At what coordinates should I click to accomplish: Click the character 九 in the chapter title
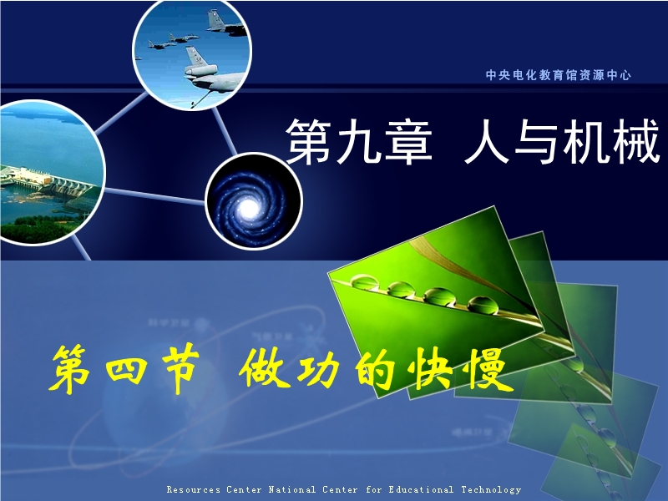point(359,141)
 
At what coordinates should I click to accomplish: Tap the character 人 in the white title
point(487,141)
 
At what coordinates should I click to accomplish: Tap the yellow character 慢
point(490,369)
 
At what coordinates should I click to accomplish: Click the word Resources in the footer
point(194,489)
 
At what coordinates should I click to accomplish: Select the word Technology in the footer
point(491,489)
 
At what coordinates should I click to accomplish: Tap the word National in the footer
point(291,489)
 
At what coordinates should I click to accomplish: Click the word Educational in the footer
point(421,489)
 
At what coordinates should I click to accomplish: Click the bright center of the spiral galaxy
point(248,207)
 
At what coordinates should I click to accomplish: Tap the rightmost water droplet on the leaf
point(483,305)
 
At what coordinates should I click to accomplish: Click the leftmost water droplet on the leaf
point(363,281)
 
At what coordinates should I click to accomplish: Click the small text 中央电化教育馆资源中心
point(558,75)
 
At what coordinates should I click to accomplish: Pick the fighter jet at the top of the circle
point(225,23)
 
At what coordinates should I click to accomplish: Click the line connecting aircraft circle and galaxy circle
point(224,130)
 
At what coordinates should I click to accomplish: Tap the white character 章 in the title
point(408,141)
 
